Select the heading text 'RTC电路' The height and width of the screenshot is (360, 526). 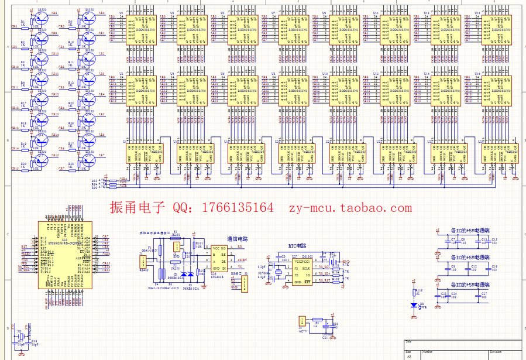click(x=297, y=246)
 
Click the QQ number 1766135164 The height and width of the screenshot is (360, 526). click(x=240, y=208)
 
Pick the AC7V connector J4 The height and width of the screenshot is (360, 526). click(x=302, y=320)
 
